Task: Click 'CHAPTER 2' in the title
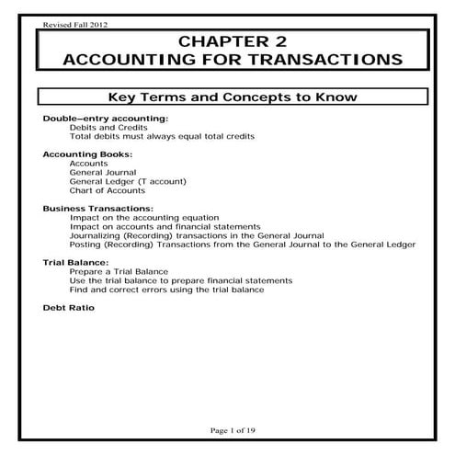[227, 41]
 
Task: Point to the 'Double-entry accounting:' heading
[93, 119]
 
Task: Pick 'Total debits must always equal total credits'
[162, 137]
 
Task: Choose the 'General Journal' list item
[103, 172]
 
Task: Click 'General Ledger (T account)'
[120, 181]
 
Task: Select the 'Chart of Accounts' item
[107, 190]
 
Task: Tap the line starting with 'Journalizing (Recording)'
[190, 235]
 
